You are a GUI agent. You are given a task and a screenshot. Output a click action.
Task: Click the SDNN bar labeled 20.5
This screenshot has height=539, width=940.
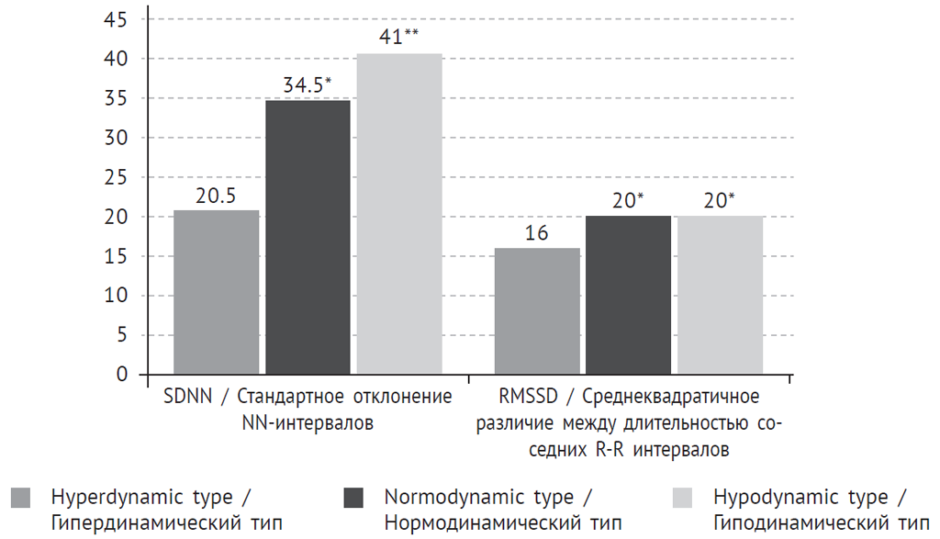[216, 292]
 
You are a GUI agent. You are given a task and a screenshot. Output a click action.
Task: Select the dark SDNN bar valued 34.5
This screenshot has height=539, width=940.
[308, 237]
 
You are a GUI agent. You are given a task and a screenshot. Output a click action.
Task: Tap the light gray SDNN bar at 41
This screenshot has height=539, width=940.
[399, 214]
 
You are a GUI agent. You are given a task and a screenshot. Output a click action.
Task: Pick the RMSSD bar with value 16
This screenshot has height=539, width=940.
[537, 311]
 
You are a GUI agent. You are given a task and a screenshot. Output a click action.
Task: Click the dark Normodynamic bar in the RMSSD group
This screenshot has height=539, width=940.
[628, 295]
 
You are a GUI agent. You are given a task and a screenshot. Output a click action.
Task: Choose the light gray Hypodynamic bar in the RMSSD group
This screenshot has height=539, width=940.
[719, 295]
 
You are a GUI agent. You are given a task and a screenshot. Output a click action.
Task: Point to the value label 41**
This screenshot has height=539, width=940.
[398, 39]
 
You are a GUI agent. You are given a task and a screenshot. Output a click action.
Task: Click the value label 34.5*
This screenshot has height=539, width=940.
[307, 85]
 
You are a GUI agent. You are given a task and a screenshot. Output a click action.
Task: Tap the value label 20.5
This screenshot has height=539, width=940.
[216, 196]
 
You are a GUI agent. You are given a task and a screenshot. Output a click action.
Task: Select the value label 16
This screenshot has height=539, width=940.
[537, 233]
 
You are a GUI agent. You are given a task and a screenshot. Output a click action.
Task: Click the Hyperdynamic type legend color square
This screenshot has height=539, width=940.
[20, 499]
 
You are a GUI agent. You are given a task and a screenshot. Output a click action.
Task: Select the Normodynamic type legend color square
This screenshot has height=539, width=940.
[353, 499]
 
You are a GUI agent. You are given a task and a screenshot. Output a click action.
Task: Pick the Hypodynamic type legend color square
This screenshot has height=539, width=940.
[684, 499]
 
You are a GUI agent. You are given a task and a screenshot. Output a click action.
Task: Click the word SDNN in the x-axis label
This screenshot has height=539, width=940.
[188, 398]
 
